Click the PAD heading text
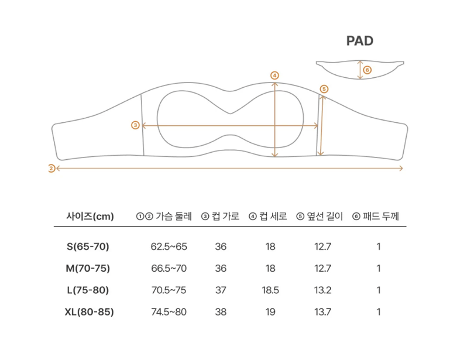[360, 41]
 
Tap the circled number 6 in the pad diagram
[367, 70]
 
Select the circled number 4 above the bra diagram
[274, 76]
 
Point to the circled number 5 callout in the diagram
[324, 89]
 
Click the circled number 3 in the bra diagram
[135, 125]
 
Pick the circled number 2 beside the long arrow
[51, 168]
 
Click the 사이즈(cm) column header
[90, 216]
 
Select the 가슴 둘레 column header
[174, 216]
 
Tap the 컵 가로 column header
[226, 216]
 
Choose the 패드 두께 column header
[381, 216]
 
